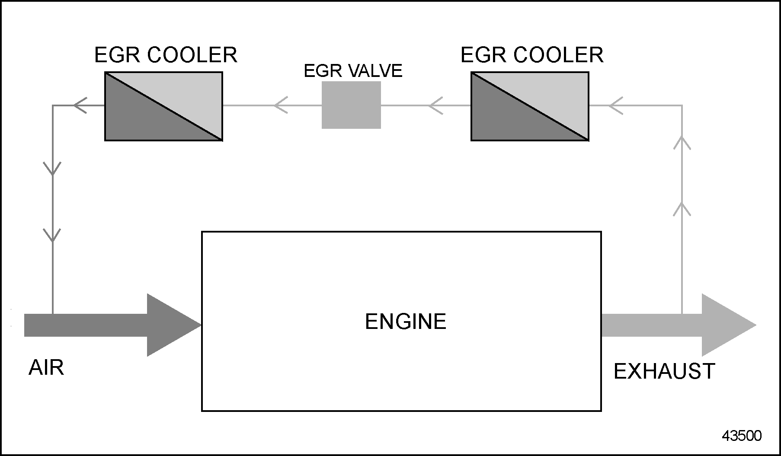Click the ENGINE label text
[x=405, y=322]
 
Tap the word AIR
[x=46, y=368]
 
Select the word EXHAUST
[x=664, y=371]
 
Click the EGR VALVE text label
[x=353, y=71]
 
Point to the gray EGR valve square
[x=351, y=105]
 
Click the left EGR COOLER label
[x=166, y=55]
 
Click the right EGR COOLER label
[x=531, y=55]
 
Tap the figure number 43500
[x=741, y=436]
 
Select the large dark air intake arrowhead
[x=169, y=325]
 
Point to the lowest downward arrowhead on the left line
[x=52, y=236]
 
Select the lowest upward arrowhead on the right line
[x=682, y=208]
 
